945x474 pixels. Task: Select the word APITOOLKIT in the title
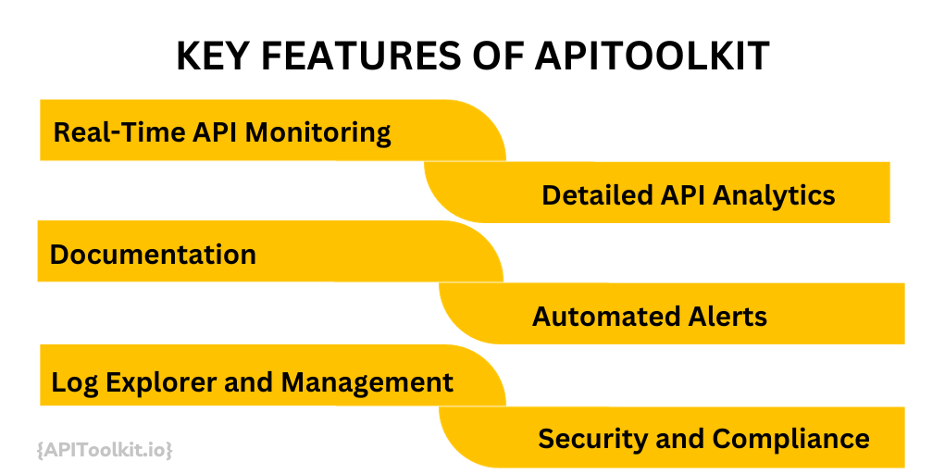[653, 56]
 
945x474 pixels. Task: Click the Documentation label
[153, 255]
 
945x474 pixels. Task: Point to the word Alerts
[726, 317]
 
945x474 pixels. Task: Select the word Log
[70, 381]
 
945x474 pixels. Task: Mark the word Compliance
[791, 438]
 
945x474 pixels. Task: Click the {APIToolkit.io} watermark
[105, 450]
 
